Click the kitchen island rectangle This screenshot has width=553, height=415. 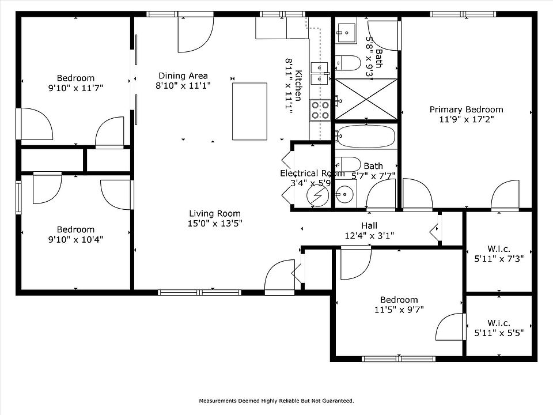(249, 111)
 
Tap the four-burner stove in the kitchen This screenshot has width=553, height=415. (320, 110)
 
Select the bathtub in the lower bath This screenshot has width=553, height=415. (366, 136)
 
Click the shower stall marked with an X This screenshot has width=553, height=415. (366, 99)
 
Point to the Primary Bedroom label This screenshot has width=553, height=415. (466, 110)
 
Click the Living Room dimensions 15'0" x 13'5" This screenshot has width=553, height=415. (215, 223)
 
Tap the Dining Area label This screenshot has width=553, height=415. (183, 76)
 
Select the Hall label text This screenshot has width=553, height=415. (369, 225)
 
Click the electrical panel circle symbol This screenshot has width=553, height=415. (317, 195)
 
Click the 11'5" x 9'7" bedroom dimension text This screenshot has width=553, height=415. (399, 310)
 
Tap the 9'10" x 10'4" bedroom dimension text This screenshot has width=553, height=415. (75, 239)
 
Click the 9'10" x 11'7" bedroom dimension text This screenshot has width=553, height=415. (75, 88)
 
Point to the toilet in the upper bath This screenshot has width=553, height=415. (348, 63)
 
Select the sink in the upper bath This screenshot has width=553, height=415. (346, 33)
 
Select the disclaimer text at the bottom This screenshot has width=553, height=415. (276, 401)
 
